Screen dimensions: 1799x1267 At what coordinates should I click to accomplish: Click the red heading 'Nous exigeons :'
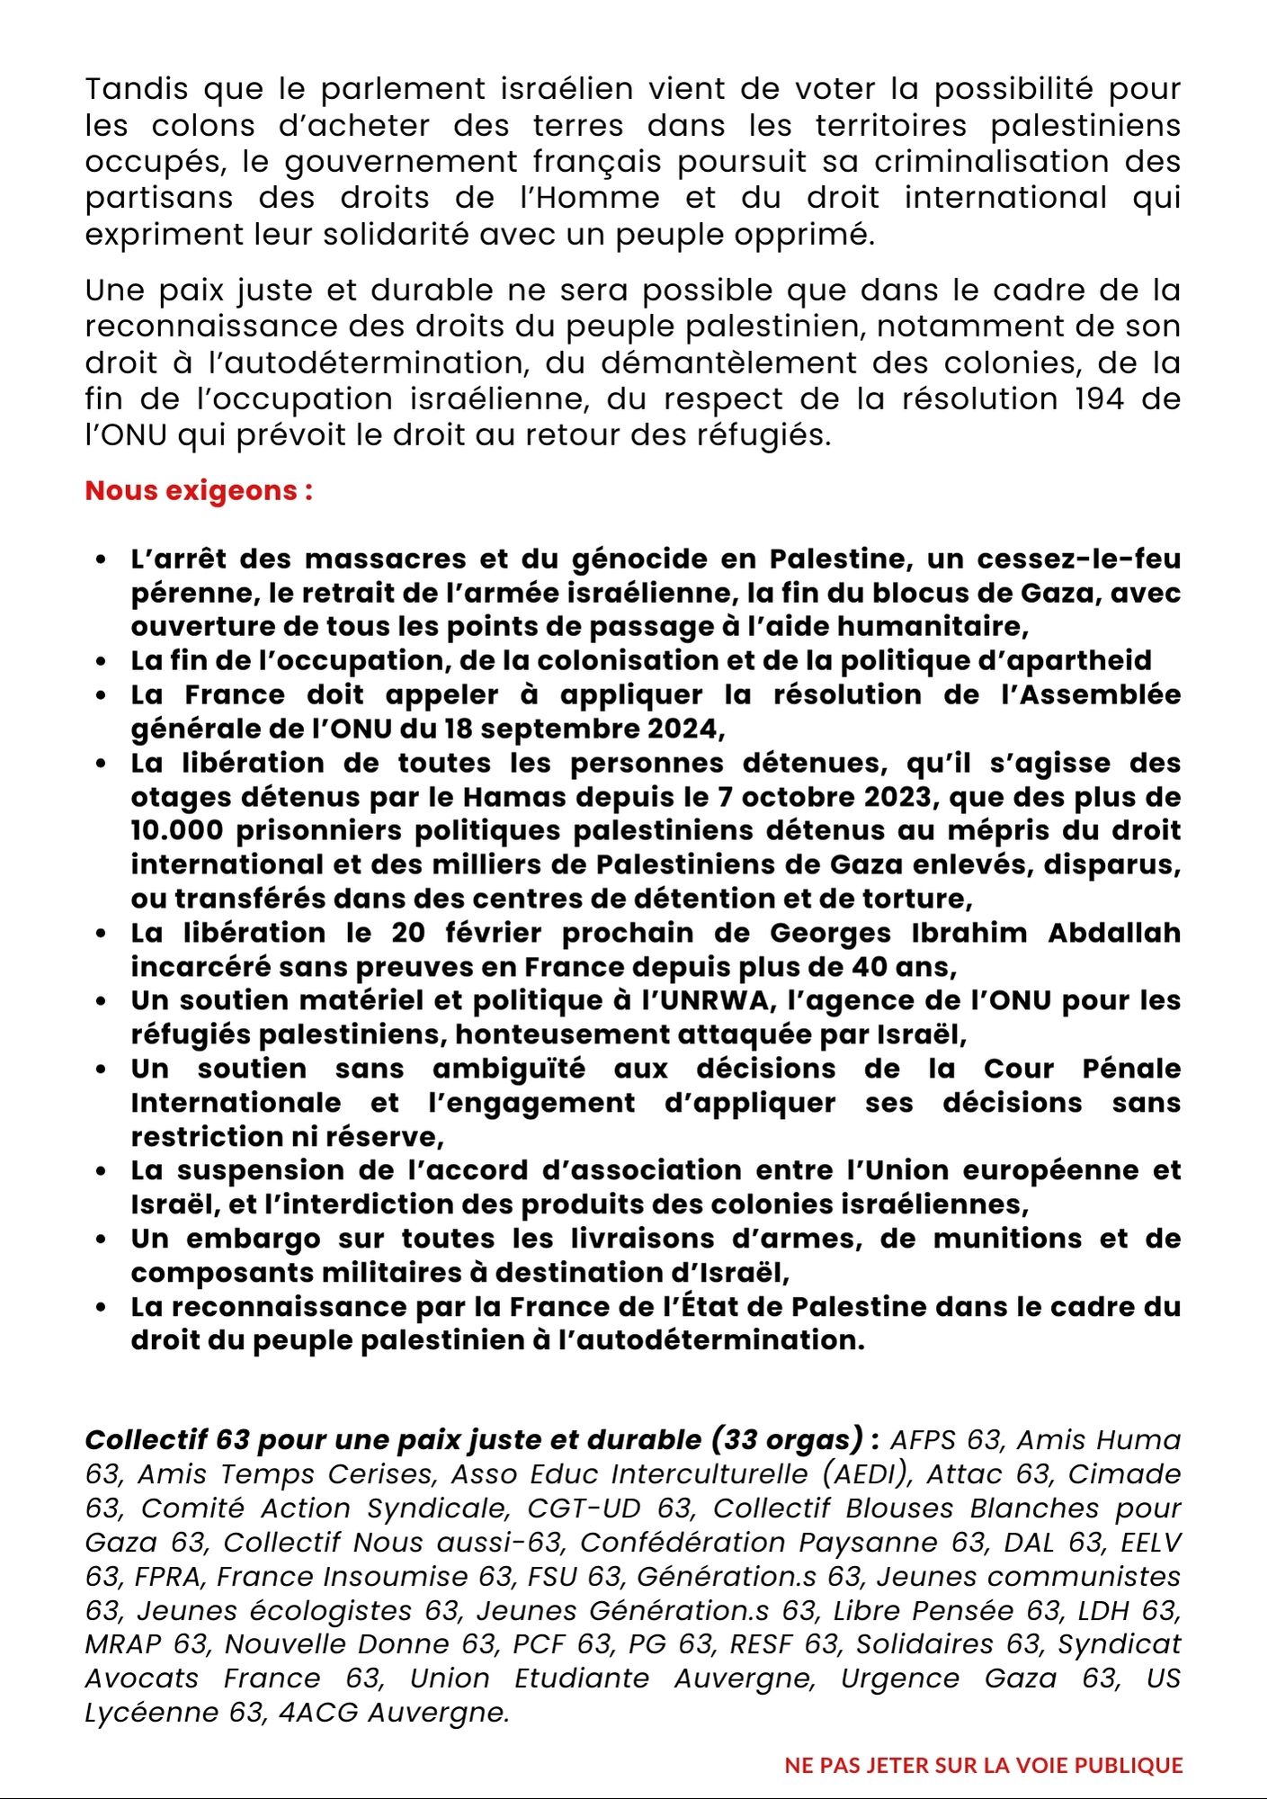(x=199, y=491)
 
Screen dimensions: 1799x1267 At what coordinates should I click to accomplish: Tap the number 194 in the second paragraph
(x=1099, y=398)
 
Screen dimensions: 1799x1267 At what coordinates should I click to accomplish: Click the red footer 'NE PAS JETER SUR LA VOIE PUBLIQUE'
(x=984, y=1765)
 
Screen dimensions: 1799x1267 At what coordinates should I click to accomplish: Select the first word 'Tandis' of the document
(x=137, y=89)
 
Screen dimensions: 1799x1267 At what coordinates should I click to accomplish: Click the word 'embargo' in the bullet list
(x=253, y=1239)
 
